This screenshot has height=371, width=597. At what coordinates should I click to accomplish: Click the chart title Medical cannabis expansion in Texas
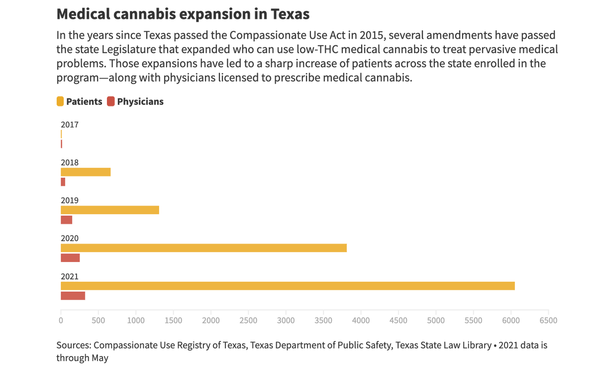pos(183,14)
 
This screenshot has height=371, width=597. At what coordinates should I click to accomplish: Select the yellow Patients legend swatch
pos(60,101)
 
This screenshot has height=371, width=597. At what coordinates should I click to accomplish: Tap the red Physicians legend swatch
pos(111,101)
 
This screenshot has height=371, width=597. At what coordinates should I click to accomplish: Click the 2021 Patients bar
pos(288,286)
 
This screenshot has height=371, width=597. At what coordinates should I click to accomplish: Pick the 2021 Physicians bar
pos(73,296)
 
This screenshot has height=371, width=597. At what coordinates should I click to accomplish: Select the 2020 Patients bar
pos(203,248)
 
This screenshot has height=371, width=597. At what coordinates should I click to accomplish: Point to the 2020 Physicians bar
pos(70,258)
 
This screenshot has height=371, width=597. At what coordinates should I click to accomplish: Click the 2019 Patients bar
pos(109,210)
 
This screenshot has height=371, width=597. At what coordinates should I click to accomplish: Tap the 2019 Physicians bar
pos(66,220)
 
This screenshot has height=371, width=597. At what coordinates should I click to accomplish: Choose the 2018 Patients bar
pos(86,172)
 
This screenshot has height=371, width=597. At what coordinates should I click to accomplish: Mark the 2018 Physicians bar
pos(63,182)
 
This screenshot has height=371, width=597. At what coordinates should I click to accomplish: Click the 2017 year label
pos(70,125)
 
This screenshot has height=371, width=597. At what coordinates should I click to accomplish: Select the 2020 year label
pos(70,238)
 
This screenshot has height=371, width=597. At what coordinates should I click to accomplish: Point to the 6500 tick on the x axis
pos(548,320)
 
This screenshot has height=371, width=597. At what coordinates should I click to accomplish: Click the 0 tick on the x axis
pos(61,320)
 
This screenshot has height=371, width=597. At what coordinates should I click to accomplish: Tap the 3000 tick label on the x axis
pos(286,320)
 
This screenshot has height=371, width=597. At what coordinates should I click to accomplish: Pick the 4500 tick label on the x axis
pos(398,320)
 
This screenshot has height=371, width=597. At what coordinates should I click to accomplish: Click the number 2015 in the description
pos(369,36)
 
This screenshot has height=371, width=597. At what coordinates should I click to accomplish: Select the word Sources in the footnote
pos(73,345)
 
